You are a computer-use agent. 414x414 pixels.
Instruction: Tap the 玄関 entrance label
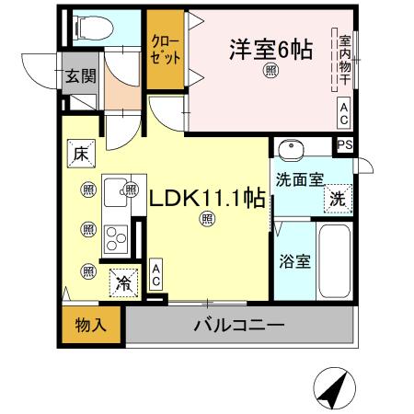click(80, 75)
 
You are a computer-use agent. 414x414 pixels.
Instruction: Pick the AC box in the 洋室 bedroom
click(343, 113)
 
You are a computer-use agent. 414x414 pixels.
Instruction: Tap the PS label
click(345, 144)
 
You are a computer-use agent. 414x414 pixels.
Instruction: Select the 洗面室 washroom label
click(297, 180)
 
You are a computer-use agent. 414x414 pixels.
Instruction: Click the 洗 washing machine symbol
click(338, 197)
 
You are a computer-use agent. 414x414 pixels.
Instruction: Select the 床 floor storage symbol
click(81, 155)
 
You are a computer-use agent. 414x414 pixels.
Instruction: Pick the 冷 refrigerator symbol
click(121, 283)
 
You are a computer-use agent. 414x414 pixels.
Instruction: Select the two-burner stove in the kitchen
click(117, 239)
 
